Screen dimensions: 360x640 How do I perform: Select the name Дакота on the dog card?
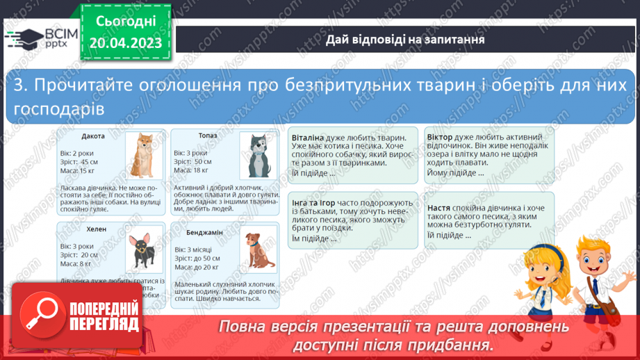pos(92,136)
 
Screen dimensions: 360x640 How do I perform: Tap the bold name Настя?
pos(438,207)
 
